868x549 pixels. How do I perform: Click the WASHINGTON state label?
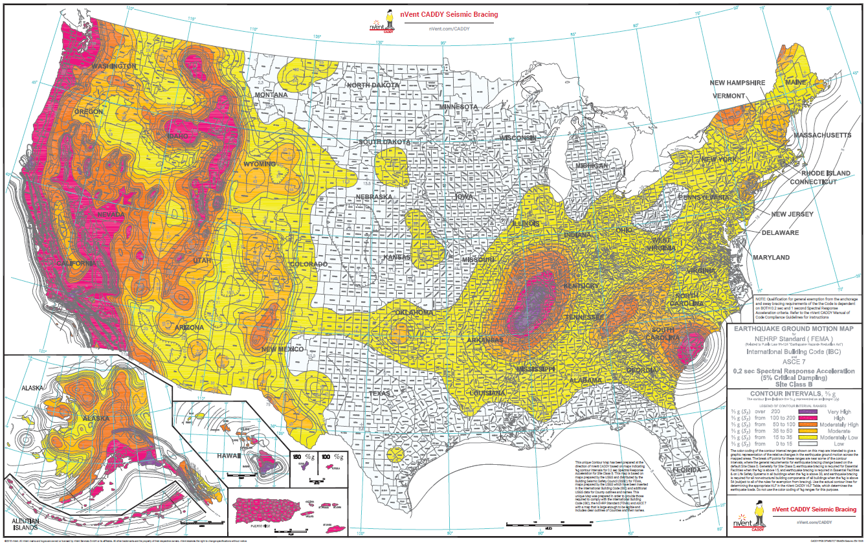(113, 66)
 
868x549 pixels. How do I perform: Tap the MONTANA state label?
(271, 95)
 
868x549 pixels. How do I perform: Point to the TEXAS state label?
(380, 393)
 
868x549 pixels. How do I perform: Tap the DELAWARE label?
(780, 232)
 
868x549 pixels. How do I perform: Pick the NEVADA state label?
(111, 214)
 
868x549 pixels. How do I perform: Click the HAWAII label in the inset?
(230, 456)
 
